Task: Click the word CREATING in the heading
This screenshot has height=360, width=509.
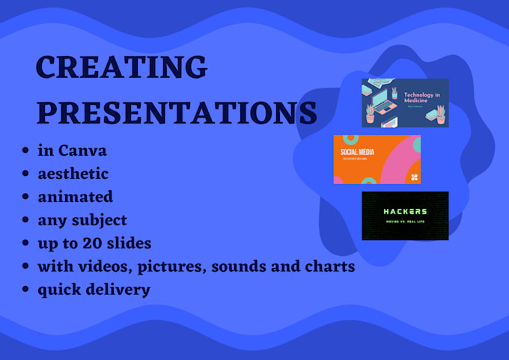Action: [121, 68]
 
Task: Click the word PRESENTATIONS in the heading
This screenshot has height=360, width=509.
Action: [177, 113]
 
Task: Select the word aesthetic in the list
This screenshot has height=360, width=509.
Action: [73, 174]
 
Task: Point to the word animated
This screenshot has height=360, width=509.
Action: [76, 197]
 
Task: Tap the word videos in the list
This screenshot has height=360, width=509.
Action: [99, 266]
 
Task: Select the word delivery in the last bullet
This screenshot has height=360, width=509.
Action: [120, 290]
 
